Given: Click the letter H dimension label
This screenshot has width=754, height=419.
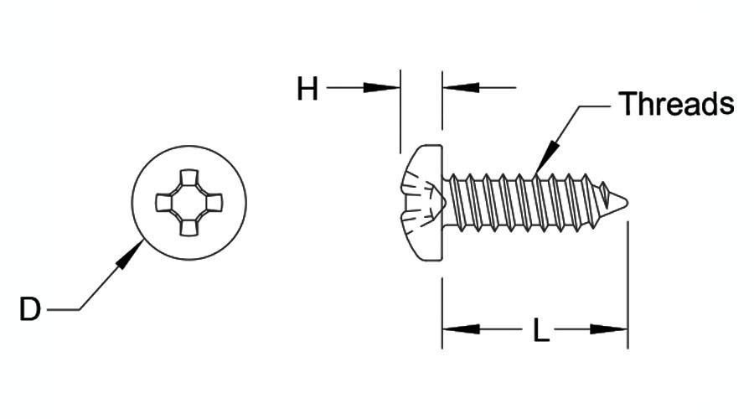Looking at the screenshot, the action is pos(307,89).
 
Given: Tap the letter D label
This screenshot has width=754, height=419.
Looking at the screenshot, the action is pos(30,309).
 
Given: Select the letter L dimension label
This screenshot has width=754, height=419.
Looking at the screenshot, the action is pos(541,330).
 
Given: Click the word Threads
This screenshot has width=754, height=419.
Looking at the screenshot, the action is pos(677,103).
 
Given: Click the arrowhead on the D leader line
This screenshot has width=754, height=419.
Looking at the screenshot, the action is pos(130,254).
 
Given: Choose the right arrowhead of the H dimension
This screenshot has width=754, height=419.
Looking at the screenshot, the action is pos(461,88).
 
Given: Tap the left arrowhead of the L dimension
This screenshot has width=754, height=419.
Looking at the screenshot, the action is pos(461,329).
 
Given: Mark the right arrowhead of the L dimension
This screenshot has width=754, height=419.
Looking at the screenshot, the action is pos(609,329).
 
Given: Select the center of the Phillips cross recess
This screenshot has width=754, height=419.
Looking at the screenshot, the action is pos(189,203).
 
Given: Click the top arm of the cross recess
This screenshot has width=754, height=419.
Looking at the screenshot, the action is pos(189,178).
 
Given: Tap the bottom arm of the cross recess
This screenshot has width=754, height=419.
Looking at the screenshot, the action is pos(189,228).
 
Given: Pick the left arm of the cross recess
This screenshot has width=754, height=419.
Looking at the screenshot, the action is pos(164,203).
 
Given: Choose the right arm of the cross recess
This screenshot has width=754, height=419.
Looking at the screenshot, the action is pos(214,203).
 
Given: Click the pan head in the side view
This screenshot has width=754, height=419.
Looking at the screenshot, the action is pos(422,203).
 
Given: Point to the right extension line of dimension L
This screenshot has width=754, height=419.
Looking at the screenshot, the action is pos(627,285).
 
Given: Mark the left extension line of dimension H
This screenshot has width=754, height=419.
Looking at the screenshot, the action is pos(400,111).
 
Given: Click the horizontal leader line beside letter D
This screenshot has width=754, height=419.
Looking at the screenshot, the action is pos(63,310).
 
